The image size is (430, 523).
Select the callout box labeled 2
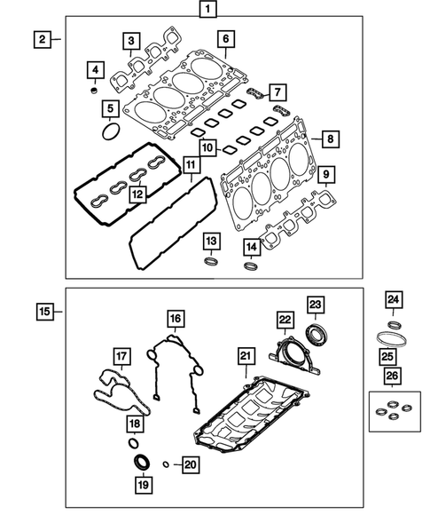(x=41, y=38)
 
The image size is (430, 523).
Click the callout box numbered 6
(x=225, y=39)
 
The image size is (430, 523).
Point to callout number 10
(x=206, y=147)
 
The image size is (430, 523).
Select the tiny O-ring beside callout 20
(x=166, y=464)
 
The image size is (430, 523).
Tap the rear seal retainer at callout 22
(x=287, y=352)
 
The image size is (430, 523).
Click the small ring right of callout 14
(x=252, y=263)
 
